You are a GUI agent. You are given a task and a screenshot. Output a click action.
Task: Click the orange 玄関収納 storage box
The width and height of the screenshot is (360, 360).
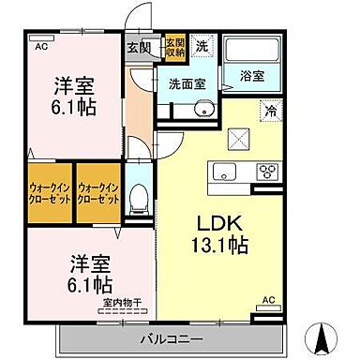[175, 48]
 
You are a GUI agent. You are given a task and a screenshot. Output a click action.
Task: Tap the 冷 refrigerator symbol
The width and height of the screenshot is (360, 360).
[270, 110]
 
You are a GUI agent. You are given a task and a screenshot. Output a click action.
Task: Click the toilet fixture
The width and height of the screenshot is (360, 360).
[139, 195]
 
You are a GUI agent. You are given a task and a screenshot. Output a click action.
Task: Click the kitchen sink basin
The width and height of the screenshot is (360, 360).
[226, 171]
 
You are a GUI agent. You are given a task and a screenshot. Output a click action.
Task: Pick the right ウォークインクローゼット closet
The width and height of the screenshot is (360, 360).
[98, 194]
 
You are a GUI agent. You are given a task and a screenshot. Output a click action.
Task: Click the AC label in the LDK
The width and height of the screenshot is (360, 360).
[267, 300]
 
